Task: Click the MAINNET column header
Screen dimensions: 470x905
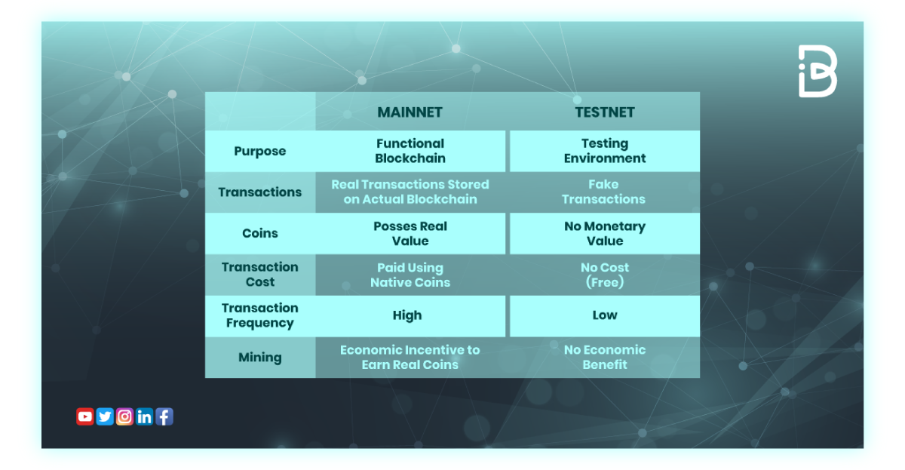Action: pos(410,112)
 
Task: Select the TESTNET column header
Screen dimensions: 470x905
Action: pos(604,112)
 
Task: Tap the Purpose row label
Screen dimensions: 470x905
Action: pos(259,151)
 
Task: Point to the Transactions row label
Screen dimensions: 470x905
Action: pos(259,192)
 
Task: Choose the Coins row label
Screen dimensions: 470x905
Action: pos(259,233)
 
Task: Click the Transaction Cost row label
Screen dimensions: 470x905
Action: pos(259,275)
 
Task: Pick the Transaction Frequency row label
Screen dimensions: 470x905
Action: pos(259,315)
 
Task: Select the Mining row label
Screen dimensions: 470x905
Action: pos(259,358)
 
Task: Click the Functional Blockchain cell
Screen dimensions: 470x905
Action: pos(410,151)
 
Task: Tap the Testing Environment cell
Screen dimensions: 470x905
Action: pos(604,151)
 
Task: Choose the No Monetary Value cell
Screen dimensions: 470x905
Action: pos(604,233)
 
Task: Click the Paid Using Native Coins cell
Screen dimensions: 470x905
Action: pos(410,275)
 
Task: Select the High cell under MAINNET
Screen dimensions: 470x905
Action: pos(407,315)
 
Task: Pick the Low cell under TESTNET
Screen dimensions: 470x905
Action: pos(604,315)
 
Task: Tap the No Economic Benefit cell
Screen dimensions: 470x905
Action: pos(604,357)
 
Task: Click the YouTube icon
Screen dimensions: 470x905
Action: pos(85,416)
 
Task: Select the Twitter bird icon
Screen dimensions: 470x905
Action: pos(105,416)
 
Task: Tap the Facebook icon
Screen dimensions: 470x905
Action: pos(164,416)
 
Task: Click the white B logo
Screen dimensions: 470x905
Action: pos(818,71)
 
